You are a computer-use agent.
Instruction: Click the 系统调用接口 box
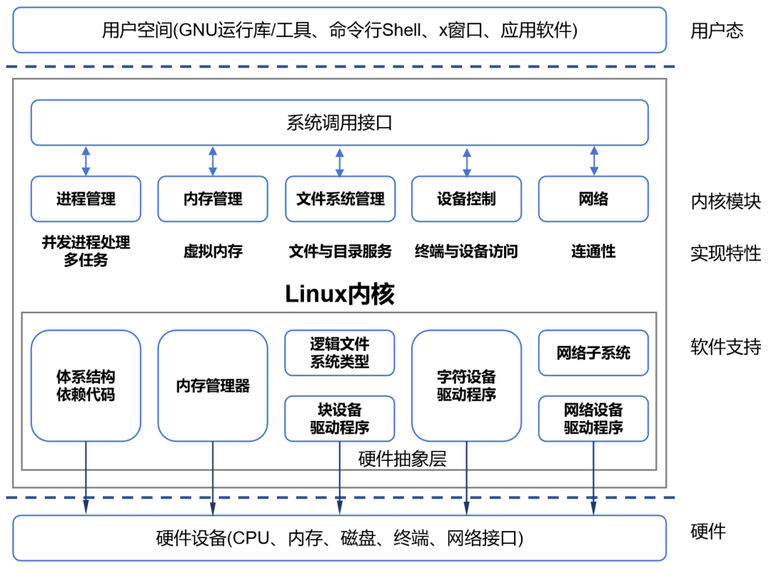[x=339, y=123]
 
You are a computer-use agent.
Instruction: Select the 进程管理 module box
[x=86, y=198]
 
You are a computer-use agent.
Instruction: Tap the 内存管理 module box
[x=213, y=198]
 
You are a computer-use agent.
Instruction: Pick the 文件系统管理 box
[x=340, y=198]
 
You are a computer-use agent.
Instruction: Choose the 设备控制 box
[x=466, y=198]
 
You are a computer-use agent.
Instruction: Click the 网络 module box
[x=593, y=198]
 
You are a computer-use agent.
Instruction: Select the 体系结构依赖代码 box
[x=86, y=385]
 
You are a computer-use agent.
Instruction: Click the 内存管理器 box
[x=213, y=385]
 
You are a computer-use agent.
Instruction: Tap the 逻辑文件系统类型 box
[x=340, y=353]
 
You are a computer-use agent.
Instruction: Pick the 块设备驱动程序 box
[x=340, y=419]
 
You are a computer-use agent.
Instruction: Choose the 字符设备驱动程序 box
[x=466, y=385]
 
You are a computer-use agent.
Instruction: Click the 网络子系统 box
[x=593, y=353]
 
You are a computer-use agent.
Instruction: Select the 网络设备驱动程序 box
[x=593, y=419]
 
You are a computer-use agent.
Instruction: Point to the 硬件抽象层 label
[x=402, y=460]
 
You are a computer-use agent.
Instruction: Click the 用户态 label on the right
[x=717, y=31]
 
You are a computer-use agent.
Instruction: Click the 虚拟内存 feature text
[x=213, y=251]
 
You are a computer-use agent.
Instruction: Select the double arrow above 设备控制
[x=467, y=162]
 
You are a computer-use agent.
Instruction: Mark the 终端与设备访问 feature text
[x=466, y=251]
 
